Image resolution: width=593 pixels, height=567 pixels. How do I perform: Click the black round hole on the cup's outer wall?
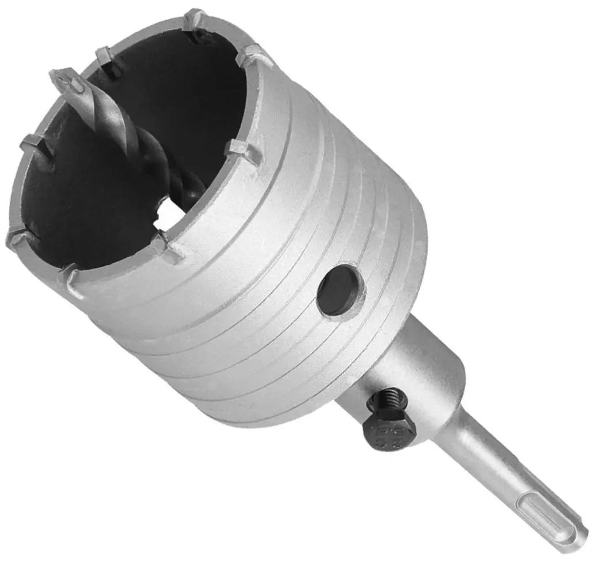(340, 290)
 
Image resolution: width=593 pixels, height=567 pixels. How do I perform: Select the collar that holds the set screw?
(420, 368)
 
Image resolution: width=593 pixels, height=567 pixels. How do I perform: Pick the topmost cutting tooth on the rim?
(196, 20)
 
